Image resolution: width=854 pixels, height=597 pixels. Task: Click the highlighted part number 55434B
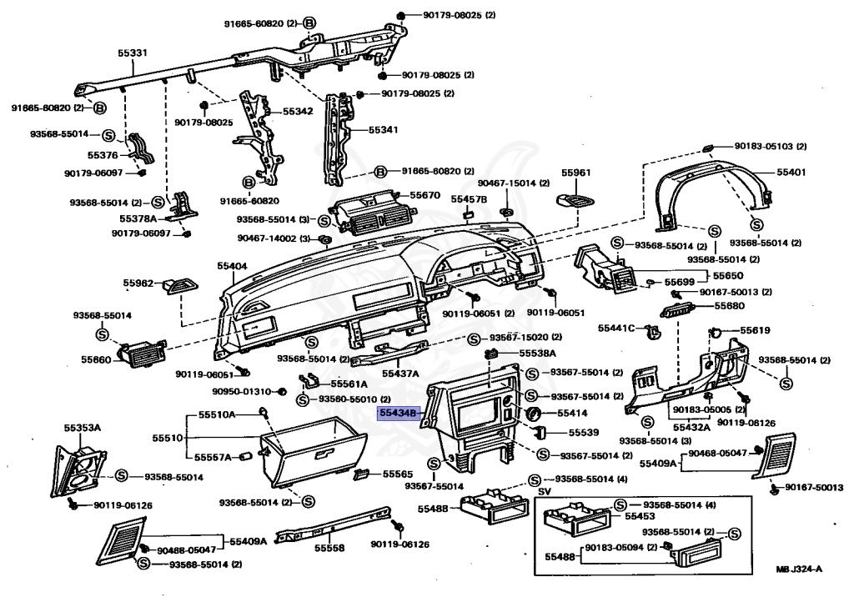tap(398, 414)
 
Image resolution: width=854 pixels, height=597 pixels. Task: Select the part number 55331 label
tap(133, 53)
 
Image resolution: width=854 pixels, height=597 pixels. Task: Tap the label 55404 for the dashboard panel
tap(232, 266)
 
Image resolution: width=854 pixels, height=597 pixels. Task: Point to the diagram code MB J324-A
tap(799, 569)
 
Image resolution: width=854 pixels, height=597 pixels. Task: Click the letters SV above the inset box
tap(545, 491)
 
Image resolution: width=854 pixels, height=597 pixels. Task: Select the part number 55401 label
tap(791, 172)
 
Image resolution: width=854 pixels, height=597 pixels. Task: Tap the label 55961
tap(576, 173)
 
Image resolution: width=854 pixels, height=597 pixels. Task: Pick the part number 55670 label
tap(424, 195)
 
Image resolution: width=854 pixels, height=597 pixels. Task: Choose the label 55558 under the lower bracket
tap(329, 548)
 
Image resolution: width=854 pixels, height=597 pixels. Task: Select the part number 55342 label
tap(298, 111)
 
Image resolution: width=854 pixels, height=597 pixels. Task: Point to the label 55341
tap(384, 129)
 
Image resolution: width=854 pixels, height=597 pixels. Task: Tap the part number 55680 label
tap(729, 305)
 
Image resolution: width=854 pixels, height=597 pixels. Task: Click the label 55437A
tap(400, 374)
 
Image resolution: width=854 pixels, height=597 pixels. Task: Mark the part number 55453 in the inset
tap(640, 516)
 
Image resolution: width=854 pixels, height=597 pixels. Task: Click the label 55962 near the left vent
tap(138, 283)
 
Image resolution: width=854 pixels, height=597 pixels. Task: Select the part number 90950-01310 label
tap(241, 391)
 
